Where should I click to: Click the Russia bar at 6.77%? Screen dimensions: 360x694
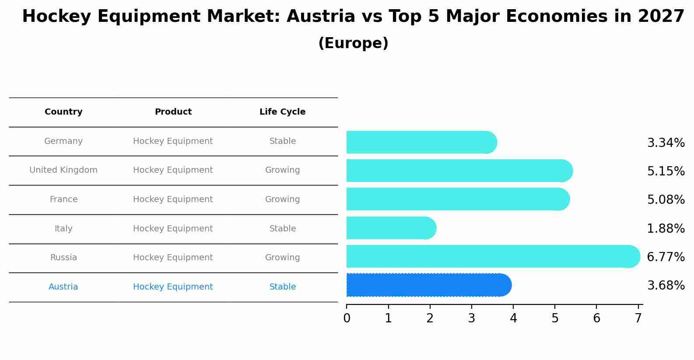click(492, 256)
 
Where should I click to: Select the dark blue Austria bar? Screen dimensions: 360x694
click(429, 285)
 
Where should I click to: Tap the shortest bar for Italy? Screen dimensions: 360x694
click(391, 228)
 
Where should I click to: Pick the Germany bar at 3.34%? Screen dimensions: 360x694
click(421, 142)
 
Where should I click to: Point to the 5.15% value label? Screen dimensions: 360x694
click(666, 171)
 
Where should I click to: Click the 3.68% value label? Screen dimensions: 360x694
click(666, 286)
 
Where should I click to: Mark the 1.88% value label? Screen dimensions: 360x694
click(666, 228)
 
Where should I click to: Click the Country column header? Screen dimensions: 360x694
click(63, 112)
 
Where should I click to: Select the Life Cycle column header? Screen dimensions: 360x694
click(282, 112)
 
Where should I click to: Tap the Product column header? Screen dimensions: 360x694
click(173, 112)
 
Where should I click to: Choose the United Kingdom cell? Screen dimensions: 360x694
click(63, 170)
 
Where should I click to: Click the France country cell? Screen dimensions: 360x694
click(63, 199)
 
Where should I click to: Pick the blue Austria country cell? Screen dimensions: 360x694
click(63, 287)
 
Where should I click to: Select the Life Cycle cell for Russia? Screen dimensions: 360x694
click(282, 258)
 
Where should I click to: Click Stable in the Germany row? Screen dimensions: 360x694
click(282, 141)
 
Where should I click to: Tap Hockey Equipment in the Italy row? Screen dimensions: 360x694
click(173, 229)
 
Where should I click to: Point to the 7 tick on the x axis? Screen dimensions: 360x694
click(638, 318)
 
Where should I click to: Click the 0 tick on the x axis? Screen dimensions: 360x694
click(347, 318)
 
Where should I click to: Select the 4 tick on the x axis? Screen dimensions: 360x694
click(513, 318)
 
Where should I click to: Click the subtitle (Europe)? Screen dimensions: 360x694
click(353, 43)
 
